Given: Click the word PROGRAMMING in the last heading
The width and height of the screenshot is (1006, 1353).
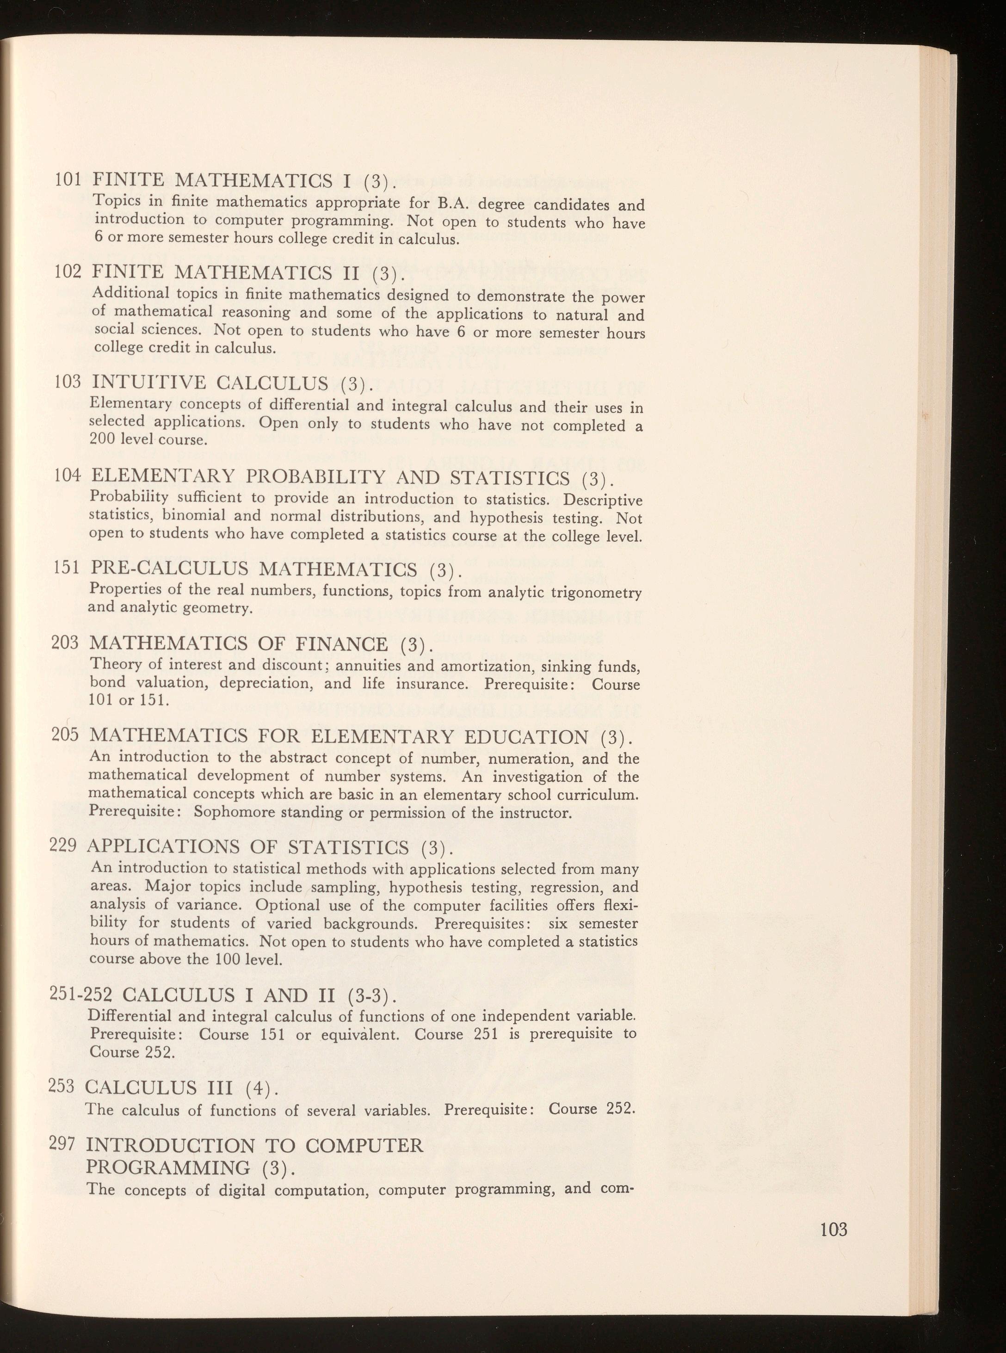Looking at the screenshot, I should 167,1168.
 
